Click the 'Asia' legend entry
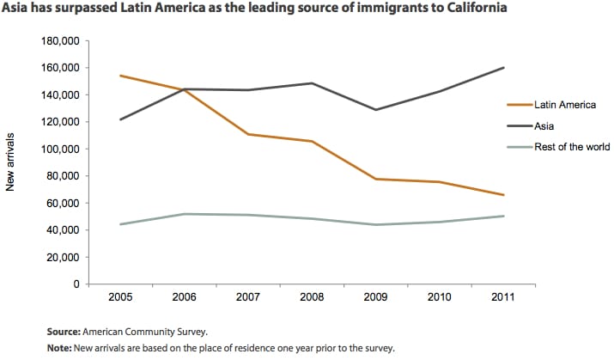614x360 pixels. (x=544, y=125)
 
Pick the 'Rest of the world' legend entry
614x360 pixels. (x=571, y=147)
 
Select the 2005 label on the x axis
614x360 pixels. (x=119, y=296)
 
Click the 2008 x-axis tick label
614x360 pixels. (x=312, y=296)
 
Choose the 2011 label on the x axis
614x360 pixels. (x=504, y=296)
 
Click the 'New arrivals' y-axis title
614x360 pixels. (x=11, y=162)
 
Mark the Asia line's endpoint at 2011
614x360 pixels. (x=504, y=67)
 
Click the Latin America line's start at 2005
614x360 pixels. (x=119, y=76)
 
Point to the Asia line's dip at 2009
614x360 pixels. (x=375, y=110)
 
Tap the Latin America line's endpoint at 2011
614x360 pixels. (x=504, y=195)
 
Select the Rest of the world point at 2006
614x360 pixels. (x=184, y=214)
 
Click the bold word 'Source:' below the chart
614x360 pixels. (x=64, y=330)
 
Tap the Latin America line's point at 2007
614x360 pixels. (x=248, y=134)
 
